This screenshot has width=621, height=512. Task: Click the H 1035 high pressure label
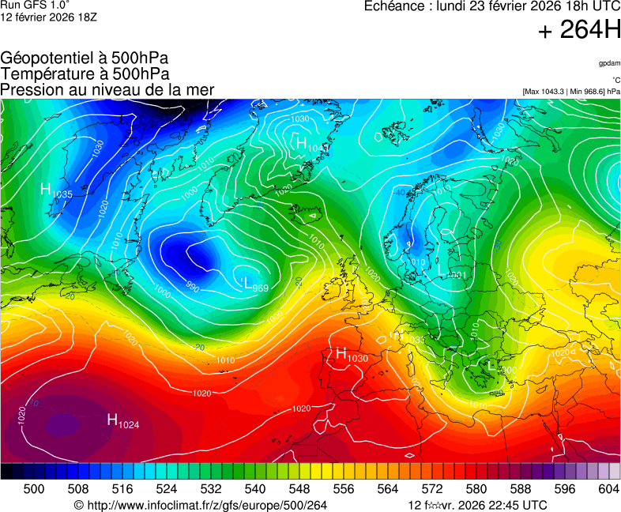[x=56, y=190]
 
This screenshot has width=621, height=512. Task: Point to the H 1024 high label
[x=123, y=421]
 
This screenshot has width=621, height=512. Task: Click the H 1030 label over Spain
[x=352, y=355]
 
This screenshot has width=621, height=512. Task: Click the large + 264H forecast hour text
[x=578, y=31]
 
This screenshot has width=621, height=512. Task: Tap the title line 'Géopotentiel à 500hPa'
[x=85, y=58]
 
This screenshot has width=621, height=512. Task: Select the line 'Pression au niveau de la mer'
[x=107, y=90]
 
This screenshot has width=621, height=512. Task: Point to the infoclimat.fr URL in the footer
[x=200, y=505]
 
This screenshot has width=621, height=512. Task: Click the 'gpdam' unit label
[x=608, y=63]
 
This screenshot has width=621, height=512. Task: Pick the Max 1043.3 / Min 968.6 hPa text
[x=571, y=92]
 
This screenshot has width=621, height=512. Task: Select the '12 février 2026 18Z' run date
[x=49, y=17]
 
